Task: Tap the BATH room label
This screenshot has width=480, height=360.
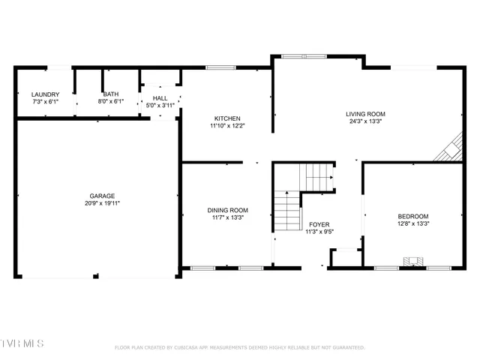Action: (110, 94)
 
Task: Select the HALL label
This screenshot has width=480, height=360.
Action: (160, 98)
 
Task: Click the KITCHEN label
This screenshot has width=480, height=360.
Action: (227, 118)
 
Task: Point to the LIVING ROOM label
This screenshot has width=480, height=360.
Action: (365, 114)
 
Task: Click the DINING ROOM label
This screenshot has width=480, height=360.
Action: (227, 210)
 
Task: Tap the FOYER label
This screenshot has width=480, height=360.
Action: (319, 224)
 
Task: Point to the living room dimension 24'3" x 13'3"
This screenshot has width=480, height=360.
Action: (365, 121)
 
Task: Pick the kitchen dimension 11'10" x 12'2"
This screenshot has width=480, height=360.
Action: (227, 126)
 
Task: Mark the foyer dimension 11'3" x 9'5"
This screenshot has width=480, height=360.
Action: (319, 232)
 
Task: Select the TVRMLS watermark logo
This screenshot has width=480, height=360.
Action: (22, 343)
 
